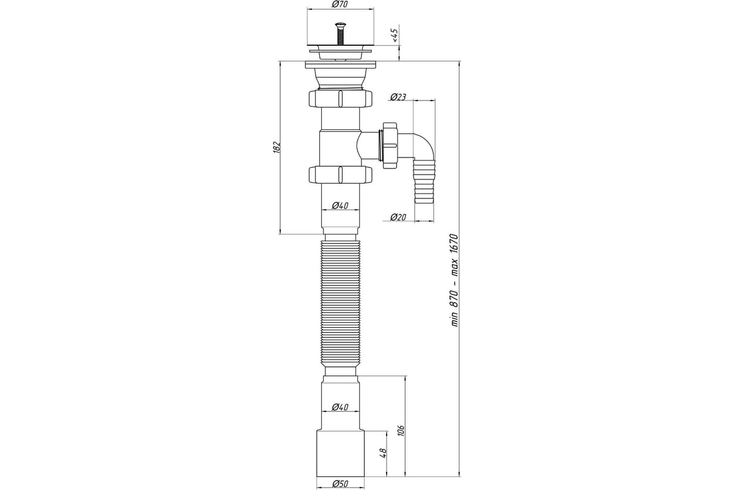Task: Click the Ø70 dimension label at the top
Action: pyautogui.click(x=339, y=4)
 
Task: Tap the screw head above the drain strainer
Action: pyautogui.click(x=340, y=25)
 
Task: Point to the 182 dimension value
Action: pyautogui.click(x=276, y=147)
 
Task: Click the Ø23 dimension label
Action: pyautogui.click(x=398, y=97)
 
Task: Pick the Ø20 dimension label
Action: pyautogui.click(x=398, y=217)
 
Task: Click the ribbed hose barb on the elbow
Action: pyautogui.click(x=424, y=181)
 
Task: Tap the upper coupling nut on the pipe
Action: pyautogui.click(x=341, y=98)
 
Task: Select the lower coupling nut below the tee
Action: pyautogui.click(x=341, y=175)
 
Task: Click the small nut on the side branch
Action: pyautogui.click(x=390, y=145)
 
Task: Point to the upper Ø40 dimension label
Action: pyautogui.click(x=340, y=206)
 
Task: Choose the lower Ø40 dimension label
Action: pyautogui.click(x=340, y=407)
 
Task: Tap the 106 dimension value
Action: pyautogui.click(x=402, y=430)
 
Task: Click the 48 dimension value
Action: pyautogui.click(x=383, y=453)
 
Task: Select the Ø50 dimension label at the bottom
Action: pyautogui.click(x=340, y=484)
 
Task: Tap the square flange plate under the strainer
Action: pyautogui.click(x=341, y=65)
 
